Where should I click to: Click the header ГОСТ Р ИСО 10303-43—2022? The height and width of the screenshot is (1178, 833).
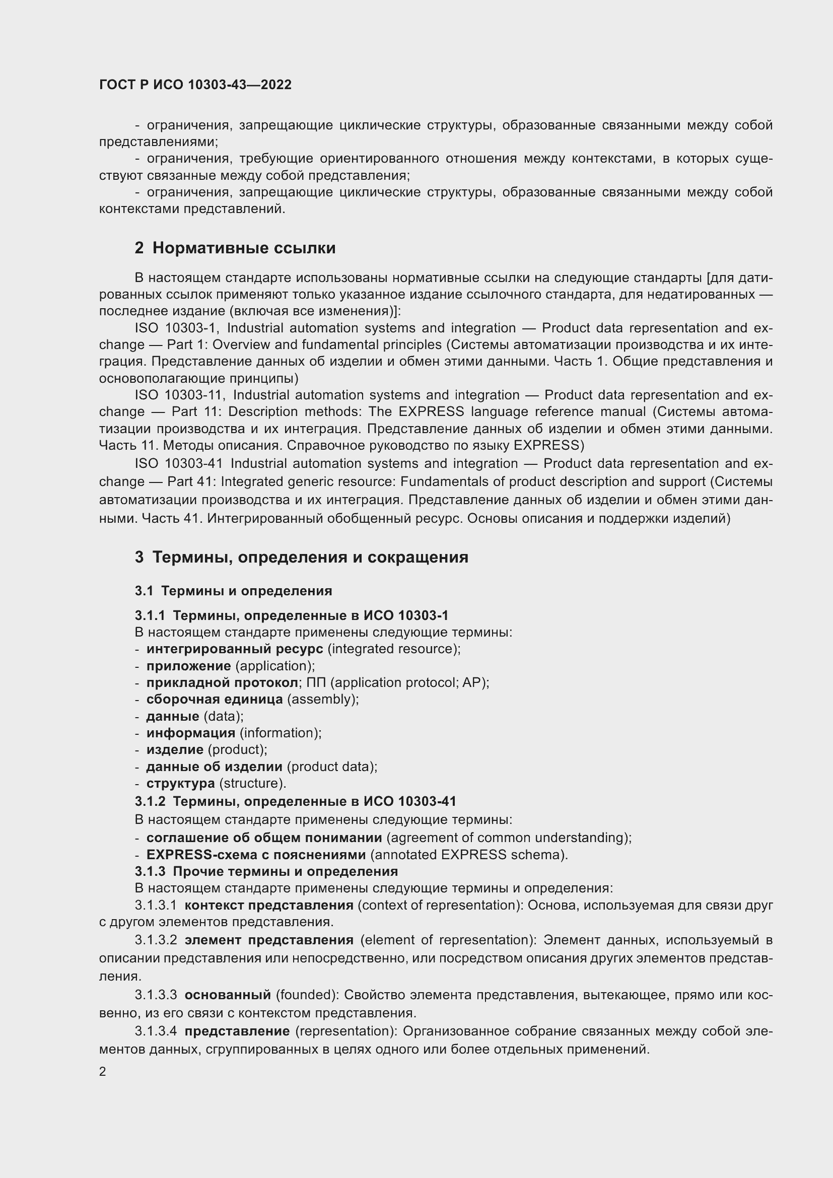195,85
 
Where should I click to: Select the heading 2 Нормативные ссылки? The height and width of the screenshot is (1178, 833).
235,248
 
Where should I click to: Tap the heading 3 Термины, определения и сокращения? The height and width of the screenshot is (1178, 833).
302,557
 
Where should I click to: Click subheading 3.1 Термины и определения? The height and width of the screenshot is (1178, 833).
233,591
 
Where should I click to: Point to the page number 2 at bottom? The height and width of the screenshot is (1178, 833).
103,1072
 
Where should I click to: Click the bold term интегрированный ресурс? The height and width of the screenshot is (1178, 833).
234,649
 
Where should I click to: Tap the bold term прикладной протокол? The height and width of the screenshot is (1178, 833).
222,683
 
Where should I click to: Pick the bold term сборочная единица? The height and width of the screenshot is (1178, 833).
215,700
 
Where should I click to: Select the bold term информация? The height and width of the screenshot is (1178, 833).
191,733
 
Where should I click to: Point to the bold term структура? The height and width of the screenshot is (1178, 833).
181,784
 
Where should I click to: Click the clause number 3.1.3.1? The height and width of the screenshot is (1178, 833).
156,905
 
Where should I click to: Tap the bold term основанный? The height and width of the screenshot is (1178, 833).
228,995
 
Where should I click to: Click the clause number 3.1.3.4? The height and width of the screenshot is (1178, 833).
156,1031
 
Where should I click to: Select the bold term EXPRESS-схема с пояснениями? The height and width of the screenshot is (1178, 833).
256,855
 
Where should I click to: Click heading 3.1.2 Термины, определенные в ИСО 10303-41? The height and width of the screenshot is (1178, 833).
296,801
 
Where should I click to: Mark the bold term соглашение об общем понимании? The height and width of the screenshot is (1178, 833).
264,838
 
